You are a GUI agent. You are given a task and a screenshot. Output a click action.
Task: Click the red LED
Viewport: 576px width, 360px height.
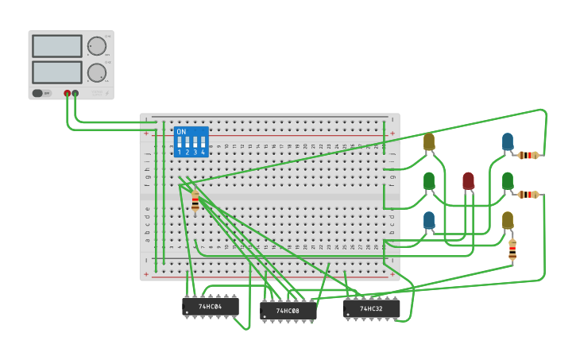pyautogui.click(x=468, y=180)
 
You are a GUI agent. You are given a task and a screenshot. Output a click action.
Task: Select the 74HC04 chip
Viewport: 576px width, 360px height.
pyautogui.click(x=211, y=306)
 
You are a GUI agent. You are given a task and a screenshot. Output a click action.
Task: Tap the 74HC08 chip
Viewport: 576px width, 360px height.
pyautogui.click(x=288, y=311)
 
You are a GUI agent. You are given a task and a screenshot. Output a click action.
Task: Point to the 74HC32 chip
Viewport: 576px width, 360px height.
pyautogui.click(x=371, y=308)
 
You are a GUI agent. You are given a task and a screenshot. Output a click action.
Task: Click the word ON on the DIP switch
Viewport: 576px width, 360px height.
pyautogui.click(x=181, y=132)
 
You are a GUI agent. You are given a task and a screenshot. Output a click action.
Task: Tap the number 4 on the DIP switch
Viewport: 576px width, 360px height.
pyautogui.click(x=203, y=152)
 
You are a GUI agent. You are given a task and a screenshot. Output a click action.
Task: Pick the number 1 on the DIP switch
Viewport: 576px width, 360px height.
pyautogui.click(x=180, y=152)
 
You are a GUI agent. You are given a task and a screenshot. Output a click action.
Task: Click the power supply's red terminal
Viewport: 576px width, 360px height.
pyautogui.click(x=67, y=93)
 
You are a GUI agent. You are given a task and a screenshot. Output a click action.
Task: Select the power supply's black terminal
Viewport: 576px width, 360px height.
pyautogui.click(x=75, y=93)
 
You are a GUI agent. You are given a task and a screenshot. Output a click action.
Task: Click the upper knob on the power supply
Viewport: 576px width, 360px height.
pyautogui.click(x=97, y=46)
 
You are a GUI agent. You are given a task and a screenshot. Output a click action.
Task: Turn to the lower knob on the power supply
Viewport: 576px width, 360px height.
pyautogui.click(x=97, y=73)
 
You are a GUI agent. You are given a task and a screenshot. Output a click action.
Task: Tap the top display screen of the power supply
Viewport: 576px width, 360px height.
pyautogui.click(x=57, y=46)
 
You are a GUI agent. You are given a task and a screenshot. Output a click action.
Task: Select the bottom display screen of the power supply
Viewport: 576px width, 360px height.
pyautogui.click(x=57, y=72)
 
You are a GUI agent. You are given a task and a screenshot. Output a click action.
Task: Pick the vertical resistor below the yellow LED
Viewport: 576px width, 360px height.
pyautogui.click(x=512, y=250)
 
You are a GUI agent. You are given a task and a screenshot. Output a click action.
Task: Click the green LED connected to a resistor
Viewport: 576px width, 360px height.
pyautogui.click(x=507, y=181)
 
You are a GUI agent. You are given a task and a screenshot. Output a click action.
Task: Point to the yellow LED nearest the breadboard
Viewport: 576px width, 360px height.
pyautogui.click(x=429, y=141)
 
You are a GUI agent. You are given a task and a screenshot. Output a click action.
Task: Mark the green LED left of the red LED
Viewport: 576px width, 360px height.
pyautogui.click(x=429, y=181)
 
